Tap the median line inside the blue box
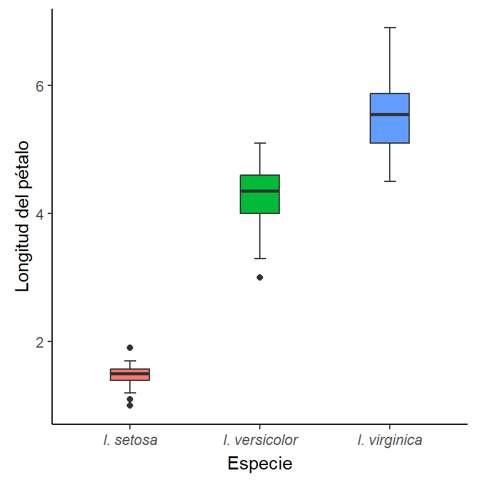(390, 114)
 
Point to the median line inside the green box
(260, 191)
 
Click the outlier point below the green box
(260, 277)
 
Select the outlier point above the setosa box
(130, 348)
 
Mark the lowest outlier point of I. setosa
(130, 405)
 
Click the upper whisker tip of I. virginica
(390, 28)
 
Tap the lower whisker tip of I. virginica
(390, 181)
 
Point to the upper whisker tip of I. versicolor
(260, 143)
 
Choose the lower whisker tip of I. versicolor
(260, 259)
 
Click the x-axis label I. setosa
(130, 440)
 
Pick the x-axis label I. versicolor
(260, 440)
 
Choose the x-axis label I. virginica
(390, 440)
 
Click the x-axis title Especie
(260, 464)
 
